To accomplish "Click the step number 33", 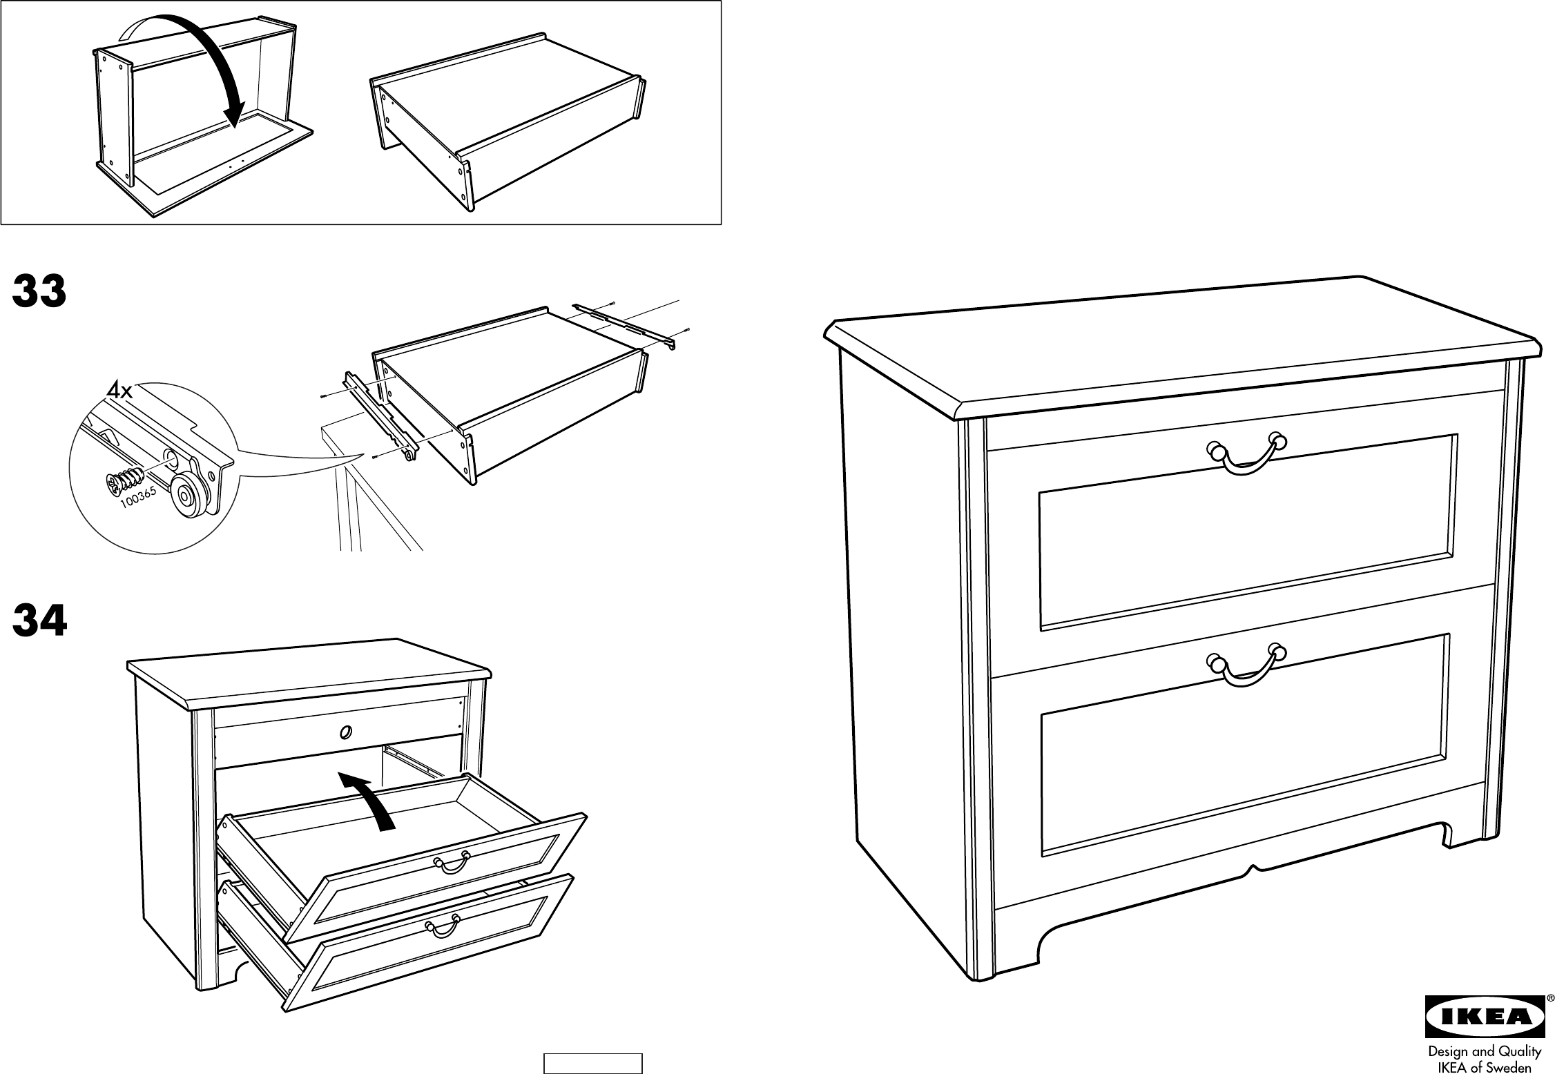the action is (x=39, y=292).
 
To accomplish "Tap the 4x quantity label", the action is (x=119, y=391).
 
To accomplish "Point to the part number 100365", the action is (x=141, y=498).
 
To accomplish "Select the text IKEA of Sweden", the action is (x=1478, y=1066).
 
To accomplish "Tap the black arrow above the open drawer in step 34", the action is (x=369, y=799).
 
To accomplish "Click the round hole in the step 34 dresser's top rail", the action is (x=345, y=731).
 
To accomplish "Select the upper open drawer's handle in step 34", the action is (x=452, y=862).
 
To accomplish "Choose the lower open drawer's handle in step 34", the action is (x=443, y=925).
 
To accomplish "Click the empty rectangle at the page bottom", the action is (x=593, y=1063).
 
